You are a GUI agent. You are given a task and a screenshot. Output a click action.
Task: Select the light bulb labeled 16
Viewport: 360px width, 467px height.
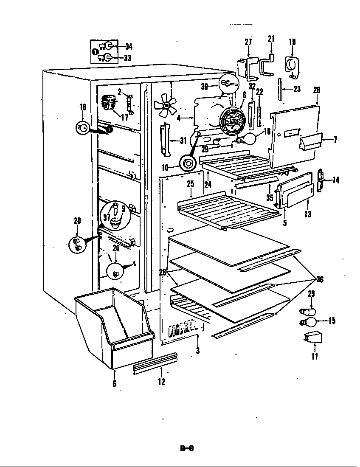[x=249, y=138]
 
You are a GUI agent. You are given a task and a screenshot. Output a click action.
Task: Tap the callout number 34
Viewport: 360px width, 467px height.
[x=128, y=47]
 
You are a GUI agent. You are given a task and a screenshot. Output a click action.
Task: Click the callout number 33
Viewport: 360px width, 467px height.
[x=127, y=58]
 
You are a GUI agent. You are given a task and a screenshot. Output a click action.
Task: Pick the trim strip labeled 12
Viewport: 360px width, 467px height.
[x=155, y=363]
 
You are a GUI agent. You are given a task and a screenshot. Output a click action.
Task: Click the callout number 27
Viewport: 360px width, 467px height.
[x=248, y=42]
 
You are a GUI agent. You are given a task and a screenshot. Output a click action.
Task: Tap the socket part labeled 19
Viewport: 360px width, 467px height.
[x=292, y=67]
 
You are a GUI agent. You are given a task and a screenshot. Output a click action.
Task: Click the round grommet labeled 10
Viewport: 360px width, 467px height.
[x=187, y=163]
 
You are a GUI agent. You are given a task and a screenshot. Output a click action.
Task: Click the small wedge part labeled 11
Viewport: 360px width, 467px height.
[x=313, y=338]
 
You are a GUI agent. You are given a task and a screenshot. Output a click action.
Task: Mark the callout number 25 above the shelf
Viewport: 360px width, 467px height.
[x=190, y=184]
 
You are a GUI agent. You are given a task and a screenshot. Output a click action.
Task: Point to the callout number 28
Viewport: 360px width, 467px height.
[x=317, y=90]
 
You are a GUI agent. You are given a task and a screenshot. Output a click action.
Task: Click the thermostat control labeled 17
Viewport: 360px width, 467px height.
[x=110, y=103]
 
